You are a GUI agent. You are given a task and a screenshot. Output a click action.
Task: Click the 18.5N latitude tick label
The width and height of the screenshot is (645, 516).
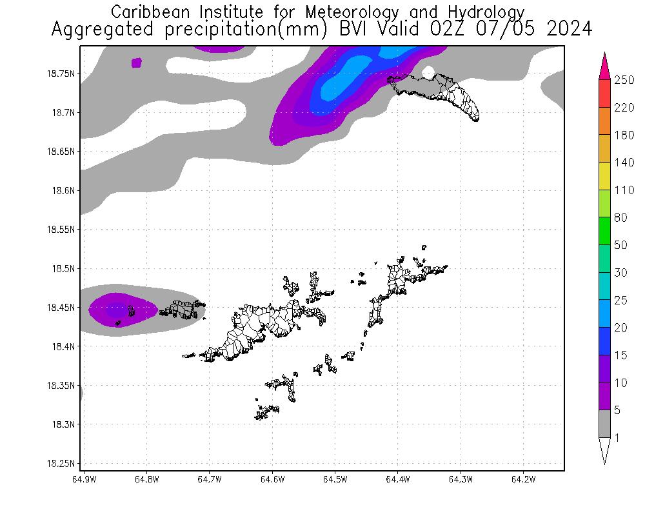pyautogui.click(x=64, y=268)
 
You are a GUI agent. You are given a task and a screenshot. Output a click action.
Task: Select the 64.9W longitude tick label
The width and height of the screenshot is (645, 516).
pyautogui.click(x=84, y=479)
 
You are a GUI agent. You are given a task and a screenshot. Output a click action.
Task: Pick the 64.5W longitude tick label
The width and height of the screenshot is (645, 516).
pyautogui.click(x=335, y=479)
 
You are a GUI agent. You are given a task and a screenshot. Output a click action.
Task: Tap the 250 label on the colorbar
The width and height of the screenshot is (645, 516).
pyautogui.click(x=624, y=80)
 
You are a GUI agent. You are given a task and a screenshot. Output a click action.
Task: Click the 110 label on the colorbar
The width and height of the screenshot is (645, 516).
pyautogui.click(x=624, y=190)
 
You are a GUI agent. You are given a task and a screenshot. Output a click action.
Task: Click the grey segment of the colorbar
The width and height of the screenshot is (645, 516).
pyautogui.click(x=605, y=424)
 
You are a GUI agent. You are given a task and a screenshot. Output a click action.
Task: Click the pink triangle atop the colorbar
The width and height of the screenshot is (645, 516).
pyautogui.click(x=605, y=67)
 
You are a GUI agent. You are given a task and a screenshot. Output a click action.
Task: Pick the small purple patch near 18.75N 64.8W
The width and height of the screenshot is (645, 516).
pyautogui.click(x=136, y=63)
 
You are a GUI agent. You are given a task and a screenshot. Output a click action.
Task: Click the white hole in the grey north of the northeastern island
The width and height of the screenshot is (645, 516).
pyautogui.click(x=428, y=72)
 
